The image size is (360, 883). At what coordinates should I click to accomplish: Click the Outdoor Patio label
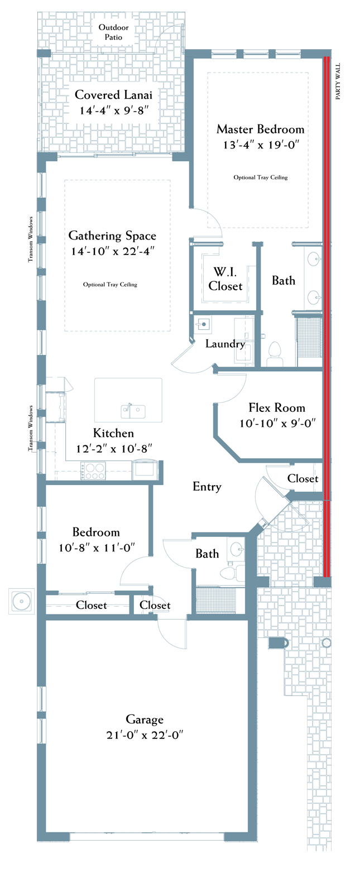pyautogui.click(x=113, y=32)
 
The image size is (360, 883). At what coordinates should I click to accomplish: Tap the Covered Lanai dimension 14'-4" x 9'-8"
pyautogui.click(x=114, y=111)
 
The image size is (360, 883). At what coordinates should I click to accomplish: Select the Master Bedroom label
pyautogui.click(x=261, y=129)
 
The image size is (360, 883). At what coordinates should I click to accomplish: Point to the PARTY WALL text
pyautogui.click(x=338, y=81)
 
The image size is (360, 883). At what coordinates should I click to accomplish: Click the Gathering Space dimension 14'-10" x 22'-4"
pyautogui.click(x=112, y=251)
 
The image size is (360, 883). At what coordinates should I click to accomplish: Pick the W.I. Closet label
pyautogui.click(x=225, y=279)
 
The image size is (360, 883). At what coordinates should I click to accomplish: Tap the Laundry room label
pyautogui.click(x=225, y=344)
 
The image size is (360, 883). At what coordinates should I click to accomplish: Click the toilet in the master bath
pyautogui.click(x=275, y=354)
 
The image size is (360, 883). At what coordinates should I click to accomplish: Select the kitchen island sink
pyautogui.click(x=133, y=411)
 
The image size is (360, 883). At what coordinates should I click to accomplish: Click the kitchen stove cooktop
pyautogui.click(x=93, y=471)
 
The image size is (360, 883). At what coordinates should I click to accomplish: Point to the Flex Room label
pyautogui.click(x=277, y=407)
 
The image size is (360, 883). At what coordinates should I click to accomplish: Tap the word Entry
pyautogui.click(x=207, y=487)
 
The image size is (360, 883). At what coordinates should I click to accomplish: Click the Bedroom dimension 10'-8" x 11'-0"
pyautogui.click(x=97, y=548)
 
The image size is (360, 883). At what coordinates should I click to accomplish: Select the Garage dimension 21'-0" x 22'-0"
pyautogui.click(x=145, y=735)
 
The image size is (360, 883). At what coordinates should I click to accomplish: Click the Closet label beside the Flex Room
pyautogui.click(x=303, y=478)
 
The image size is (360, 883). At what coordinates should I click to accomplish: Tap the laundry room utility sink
pyautogui.click(x=203, y=325)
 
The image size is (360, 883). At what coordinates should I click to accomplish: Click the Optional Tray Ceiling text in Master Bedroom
pyautogui.click(x=261, y=177)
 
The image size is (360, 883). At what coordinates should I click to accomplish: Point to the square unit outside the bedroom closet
pyautogui.click(x=21, y=601)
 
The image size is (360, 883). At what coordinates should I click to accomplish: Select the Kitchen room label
pyautogui.click(x=113, y=433)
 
